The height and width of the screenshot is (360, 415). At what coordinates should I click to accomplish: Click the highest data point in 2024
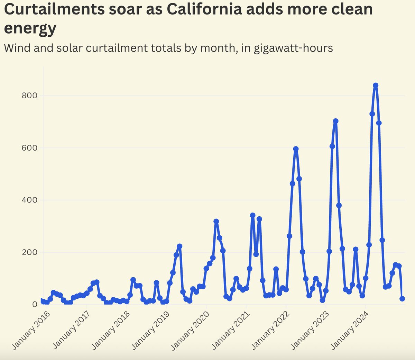pos(376,85)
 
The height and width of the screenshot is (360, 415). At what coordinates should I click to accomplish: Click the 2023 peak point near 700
pos(335,121)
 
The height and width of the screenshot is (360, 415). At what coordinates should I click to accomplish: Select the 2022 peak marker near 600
pos(296,149)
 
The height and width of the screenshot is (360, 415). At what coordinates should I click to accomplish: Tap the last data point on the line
pos(402,298)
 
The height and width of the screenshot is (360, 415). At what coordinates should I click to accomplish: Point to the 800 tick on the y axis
pos(29,96)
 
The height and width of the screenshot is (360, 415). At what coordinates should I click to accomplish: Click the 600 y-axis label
pos(29,148)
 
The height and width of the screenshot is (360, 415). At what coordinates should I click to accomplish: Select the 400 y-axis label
pos(29,200)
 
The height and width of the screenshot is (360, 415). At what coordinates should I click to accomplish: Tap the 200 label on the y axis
pos(29,252)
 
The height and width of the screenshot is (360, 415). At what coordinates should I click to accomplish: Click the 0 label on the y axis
pos(35,305)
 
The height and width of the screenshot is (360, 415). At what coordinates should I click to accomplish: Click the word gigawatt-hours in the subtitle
pos(293,48)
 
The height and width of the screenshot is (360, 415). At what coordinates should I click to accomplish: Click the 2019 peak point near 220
pos(179,246)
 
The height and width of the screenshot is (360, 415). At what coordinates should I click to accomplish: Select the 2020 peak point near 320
pos(216,221)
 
